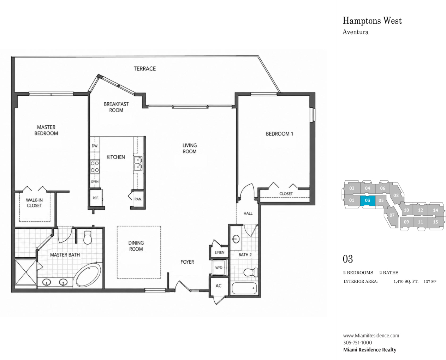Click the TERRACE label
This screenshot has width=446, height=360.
point(145,69)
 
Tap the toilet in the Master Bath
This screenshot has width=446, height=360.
point(88,237)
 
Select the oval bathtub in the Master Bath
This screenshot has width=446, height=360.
point(88,275)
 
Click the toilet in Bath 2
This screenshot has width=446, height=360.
point(251,272)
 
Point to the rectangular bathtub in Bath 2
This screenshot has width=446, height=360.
point(244,288)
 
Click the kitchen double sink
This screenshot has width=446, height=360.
point(138,163)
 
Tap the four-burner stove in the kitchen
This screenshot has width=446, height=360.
point(95,167)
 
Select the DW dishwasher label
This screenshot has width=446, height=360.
point(95,146)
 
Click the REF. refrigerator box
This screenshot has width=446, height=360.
point(96,198)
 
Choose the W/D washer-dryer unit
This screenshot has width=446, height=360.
point(219,268)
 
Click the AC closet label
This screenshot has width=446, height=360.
point(218,286)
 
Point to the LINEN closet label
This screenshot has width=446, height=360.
point(219,252)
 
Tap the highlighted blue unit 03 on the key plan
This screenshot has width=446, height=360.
point(368,200)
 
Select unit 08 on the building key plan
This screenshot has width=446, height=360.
point(396,195)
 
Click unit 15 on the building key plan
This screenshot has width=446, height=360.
point(435,222)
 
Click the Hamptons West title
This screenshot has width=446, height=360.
point(372,21)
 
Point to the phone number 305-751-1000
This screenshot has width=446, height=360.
point(358,343)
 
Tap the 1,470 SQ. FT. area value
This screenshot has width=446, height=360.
point(406,282)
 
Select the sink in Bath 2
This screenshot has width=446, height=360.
point(236,239)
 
